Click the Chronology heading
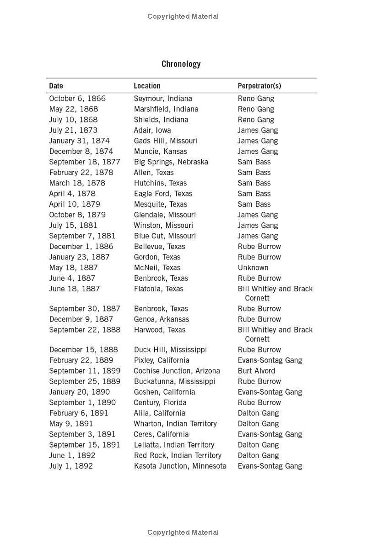tap(181, 64)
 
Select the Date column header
tap(56, 86)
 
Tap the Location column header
tap(147, 86)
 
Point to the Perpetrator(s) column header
tap(259, 86)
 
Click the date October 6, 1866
tap(77, 99)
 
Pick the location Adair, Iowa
tap(152, 130)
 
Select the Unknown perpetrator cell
tap(253, 268)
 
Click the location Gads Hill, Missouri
tap(166, 141)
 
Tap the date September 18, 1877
tap(84, 162)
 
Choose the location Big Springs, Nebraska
tap(171, 162)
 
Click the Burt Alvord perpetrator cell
tap(256, 371)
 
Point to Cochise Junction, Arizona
tap(177, 371)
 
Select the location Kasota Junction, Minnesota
tap(180, 466)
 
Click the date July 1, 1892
tap(70, 466)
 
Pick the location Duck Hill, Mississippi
tap(170, 350)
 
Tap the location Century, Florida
tap(160, 402)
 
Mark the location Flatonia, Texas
tap(158, 289)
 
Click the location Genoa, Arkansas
tap(161, 319)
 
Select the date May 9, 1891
tap(70, 424)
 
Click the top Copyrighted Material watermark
tap(183, 16)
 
